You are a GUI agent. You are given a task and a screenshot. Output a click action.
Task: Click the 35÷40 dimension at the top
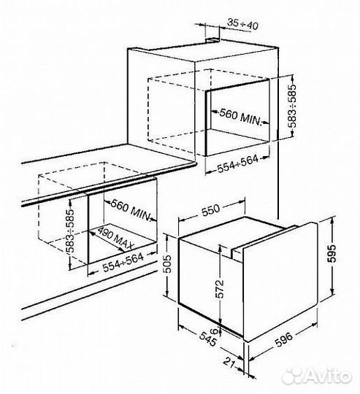(x=243, y=24)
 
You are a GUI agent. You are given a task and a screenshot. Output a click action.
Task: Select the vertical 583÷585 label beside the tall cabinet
(x=292, y=107)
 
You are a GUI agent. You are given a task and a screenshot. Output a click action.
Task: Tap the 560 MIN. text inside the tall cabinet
(x=240, y=117)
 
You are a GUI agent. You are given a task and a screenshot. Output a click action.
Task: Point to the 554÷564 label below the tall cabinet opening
(x=237, y=164)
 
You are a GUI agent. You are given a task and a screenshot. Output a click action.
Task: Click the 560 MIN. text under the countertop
(x=131, y=210)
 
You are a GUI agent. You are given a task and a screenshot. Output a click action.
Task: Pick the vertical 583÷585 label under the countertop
(x=70, y=231)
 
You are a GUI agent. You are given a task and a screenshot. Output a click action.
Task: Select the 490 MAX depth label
(x=115, y=238)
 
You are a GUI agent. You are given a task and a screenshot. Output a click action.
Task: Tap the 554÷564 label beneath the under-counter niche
(x=123, y=263)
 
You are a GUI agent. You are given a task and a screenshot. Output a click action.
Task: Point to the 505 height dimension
(x=169, y=264)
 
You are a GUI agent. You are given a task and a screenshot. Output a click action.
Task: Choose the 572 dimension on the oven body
(x=220, y=289)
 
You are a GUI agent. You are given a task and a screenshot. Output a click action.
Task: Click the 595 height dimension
(x=332, y=253)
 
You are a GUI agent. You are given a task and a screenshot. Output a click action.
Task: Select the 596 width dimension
(x=283, y=339)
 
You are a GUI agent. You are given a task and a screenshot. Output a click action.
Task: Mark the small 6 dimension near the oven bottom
(x=214, y=331)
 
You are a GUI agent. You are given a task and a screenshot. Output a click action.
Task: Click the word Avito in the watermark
(x=329, y=376)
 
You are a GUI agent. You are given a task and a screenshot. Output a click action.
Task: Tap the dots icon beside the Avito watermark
(x=292, y=376)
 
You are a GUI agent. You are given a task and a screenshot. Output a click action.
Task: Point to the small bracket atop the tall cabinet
(x=212, y=39)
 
